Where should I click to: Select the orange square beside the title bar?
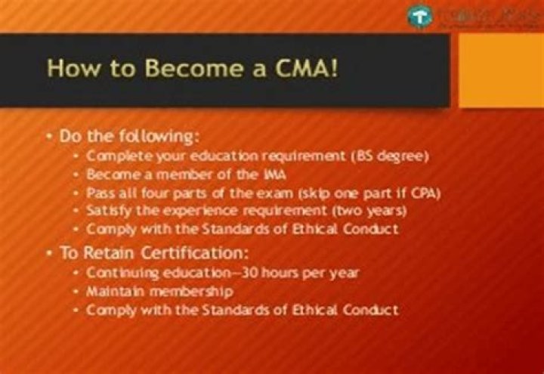(x=500, y=70)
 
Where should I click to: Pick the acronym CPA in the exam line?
(x=425, y=192)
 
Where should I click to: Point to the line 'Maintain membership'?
(x=159, y=290)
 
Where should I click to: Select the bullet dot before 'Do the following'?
(x=49, y=137)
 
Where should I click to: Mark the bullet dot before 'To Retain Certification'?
(x=49, y=253)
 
